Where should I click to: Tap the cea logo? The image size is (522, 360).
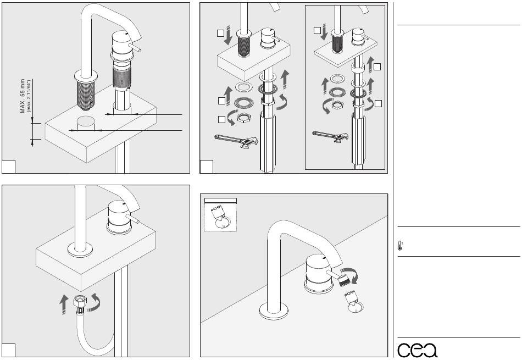pos(418,350)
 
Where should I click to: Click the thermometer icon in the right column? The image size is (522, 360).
pos(399,246)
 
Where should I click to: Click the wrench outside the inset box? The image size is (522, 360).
pos(234,141)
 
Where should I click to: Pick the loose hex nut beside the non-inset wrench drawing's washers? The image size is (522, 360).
pos(242,117)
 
